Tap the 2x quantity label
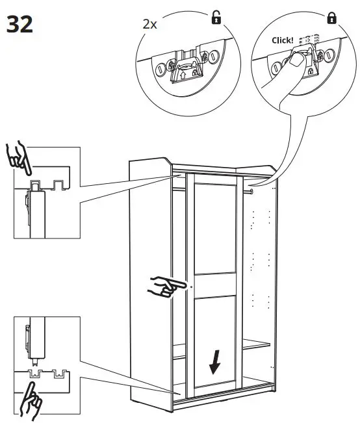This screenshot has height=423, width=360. pyautogui.click(x=150, y=24)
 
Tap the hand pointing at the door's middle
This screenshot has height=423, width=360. pyautogui.click(x=166, y=285)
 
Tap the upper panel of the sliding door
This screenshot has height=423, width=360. pyautogui.click(x=214, y=234)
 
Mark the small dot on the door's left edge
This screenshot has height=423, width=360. pyautogui.click(x=192, y=287)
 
